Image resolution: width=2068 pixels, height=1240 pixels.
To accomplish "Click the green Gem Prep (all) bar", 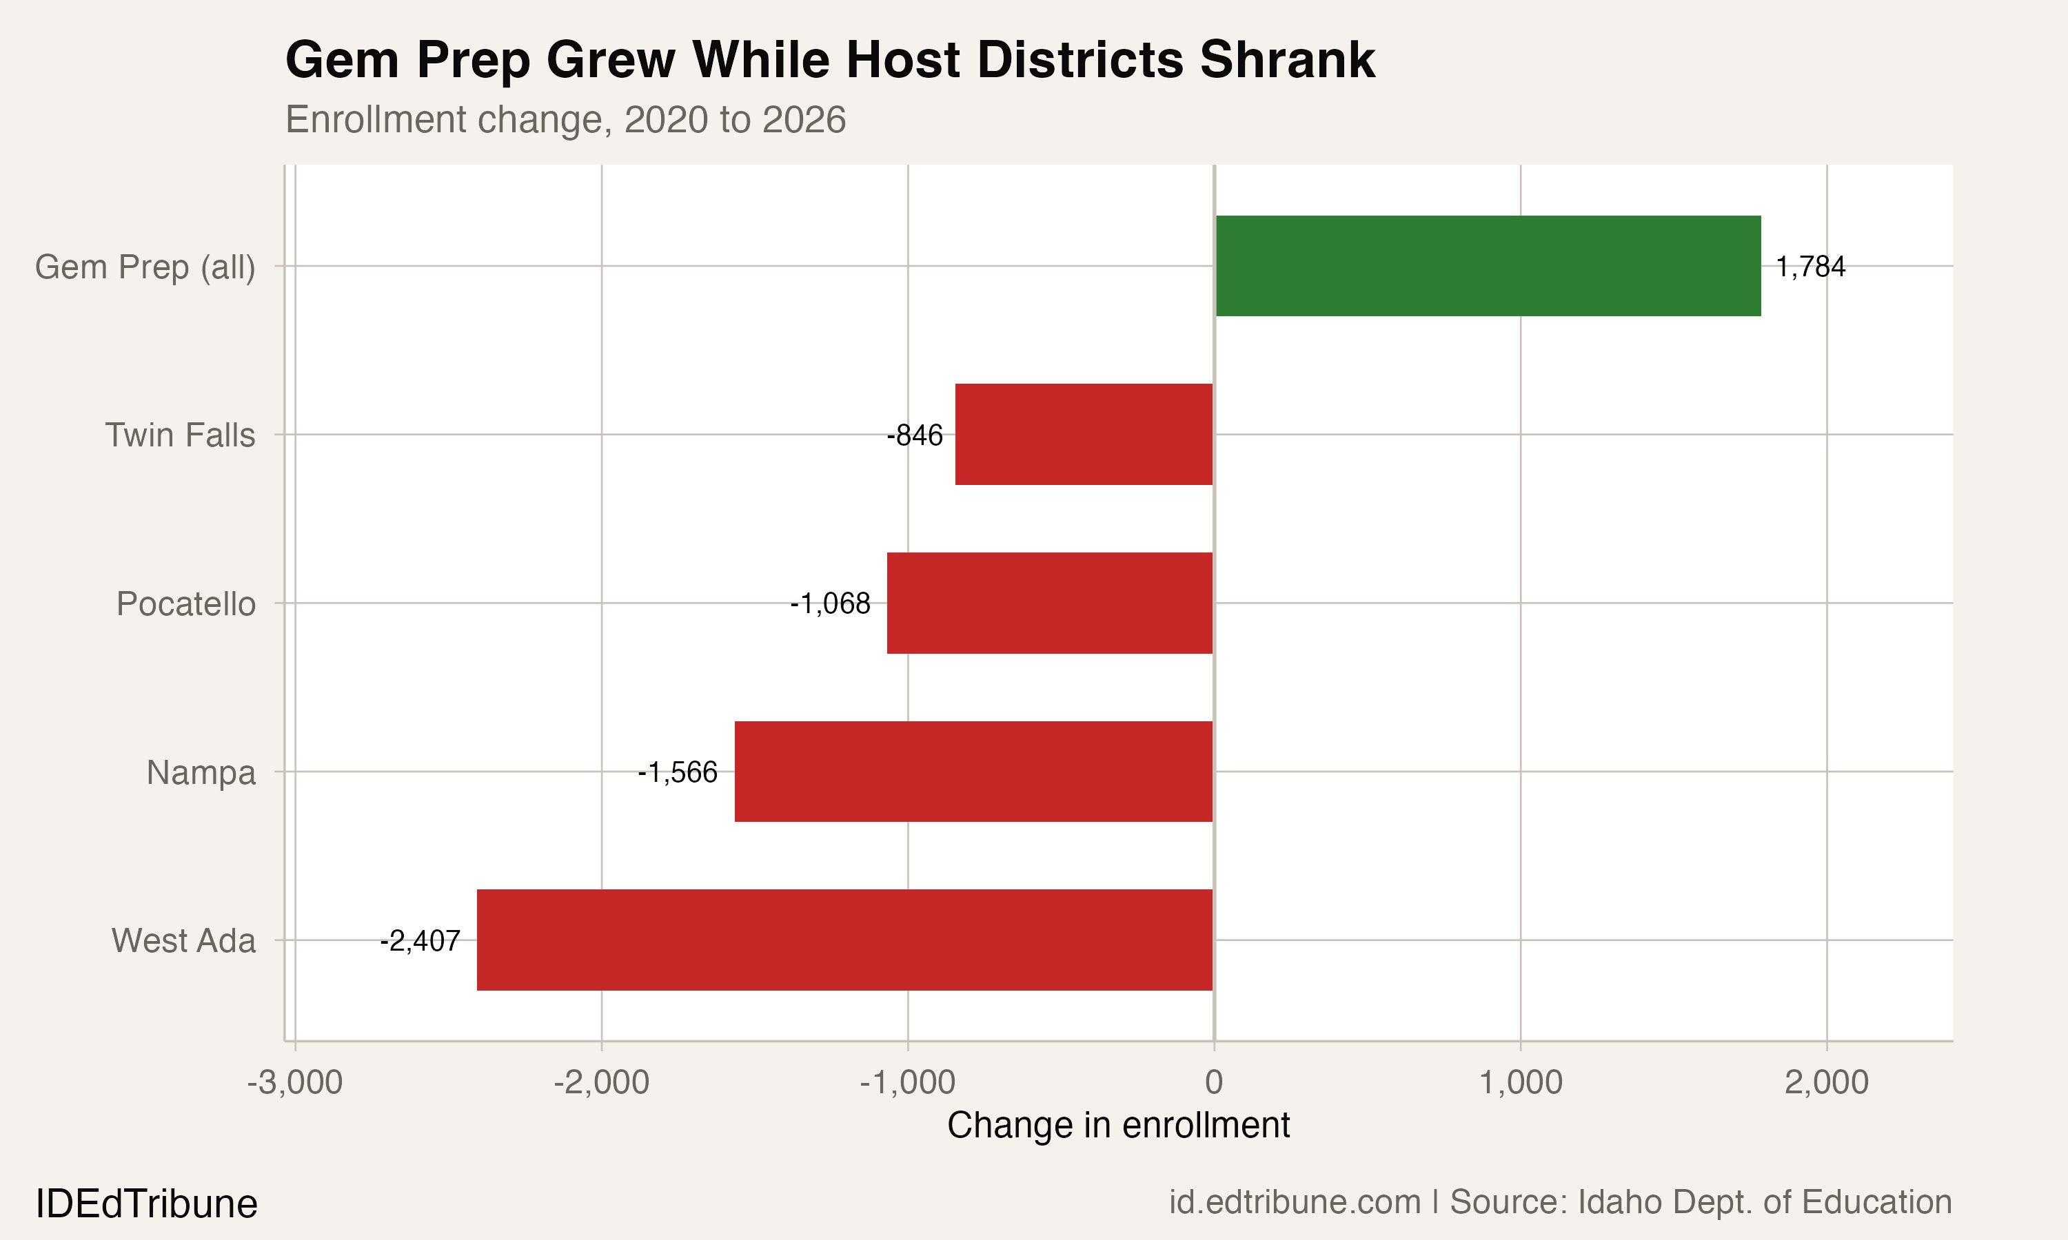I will point(1488,266).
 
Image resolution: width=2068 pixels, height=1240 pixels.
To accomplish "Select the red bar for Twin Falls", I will point(1084,435).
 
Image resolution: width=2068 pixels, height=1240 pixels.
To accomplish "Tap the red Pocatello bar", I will point(1049,603).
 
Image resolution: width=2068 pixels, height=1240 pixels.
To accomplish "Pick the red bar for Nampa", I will point(973,772).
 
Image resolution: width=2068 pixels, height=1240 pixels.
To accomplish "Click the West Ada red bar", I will point(844,940).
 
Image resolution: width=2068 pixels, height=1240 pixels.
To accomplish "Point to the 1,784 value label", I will point(1809,267).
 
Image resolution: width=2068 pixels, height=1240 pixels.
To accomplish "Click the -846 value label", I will point(915,435).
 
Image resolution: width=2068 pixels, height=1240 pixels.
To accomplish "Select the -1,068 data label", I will point(830,603).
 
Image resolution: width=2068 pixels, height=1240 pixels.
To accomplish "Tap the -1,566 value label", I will point(677,772).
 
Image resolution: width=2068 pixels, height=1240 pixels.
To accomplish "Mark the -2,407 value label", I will point(420,941).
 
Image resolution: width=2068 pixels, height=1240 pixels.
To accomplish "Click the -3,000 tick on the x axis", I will point(294,1082).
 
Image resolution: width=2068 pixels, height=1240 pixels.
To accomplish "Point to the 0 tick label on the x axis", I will point(1214,1082).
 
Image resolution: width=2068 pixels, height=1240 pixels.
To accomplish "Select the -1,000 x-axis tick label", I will point(907,1082).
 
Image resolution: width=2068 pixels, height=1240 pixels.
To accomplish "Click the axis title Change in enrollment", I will point(1118,1125).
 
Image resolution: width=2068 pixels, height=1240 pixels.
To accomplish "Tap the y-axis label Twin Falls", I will point(180,435).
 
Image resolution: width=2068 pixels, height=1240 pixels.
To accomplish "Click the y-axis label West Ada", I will point(183,941).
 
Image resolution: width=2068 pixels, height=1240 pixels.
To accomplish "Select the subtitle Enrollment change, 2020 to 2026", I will point(565,119).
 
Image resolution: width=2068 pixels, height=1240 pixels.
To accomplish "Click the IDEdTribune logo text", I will point(146,1204).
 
